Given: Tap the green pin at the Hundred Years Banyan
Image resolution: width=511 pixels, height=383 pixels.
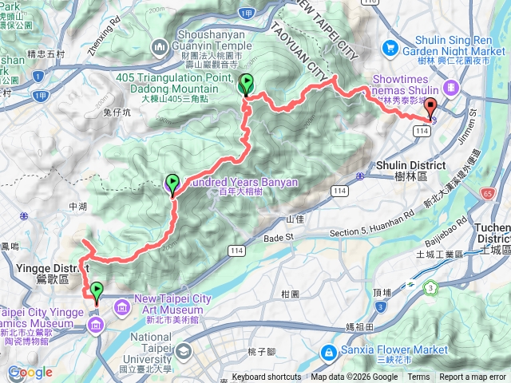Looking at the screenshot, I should (172, 183).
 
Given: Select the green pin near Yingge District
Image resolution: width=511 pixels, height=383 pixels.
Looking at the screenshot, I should (97, 290).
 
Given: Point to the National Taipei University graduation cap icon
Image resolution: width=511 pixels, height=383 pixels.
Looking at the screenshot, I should (184, 352).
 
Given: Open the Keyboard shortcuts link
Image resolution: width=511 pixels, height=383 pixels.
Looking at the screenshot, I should (267, 377).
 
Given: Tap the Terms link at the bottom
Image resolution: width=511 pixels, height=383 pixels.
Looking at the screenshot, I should (418, 377).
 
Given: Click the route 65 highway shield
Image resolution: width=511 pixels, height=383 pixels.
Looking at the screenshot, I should (487, 193).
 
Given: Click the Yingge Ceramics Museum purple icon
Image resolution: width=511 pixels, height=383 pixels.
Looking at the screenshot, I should (95, 323).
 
